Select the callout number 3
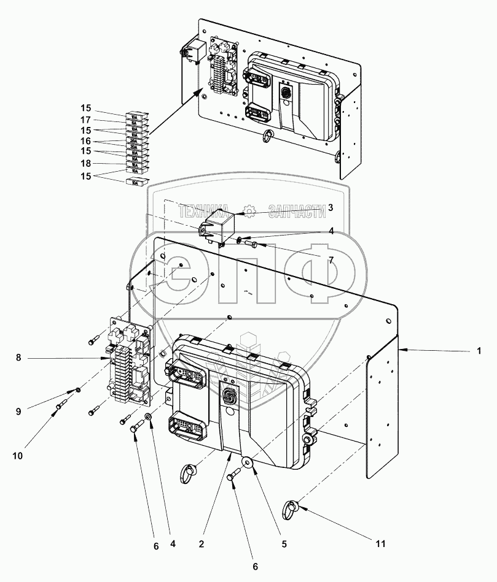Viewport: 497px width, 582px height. pyautogui.click(x=330, y=208)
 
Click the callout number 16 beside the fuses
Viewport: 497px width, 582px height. pyautogui.click(x=85, y=142)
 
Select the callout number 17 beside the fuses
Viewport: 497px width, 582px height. pyautogui.click(x=85, y=120)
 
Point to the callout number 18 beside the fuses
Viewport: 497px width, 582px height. pyautogui.click(x=85, y=163)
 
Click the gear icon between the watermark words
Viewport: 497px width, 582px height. pyautogui.click(x=249, y=212)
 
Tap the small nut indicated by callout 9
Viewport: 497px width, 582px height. pyautogui.click(x=79, y=389)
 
